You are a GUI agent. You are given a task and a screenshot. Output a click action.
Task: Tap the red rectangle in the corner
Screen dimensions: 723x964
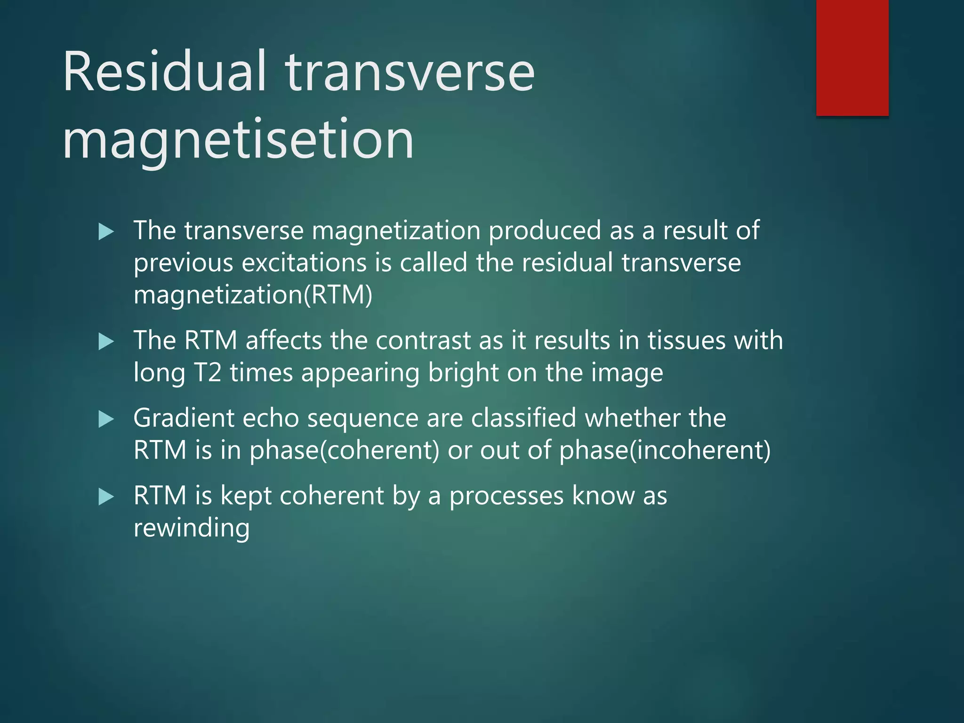pyautogui.click(x=852, y=57)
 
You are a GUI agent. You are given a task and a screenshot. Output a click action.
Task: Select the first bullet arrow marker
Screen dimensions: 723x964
pyautogui.click(x=106, y=232)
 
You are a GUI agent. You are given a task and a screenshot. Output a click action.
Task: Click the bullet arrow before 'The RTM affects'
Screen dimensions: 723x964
pyautogui.click(x=106, y=341)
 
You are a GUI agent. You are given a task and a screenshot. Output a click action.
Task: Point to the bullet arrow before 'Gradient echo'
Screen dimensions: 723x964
pyautogui.click(x=106, y=419)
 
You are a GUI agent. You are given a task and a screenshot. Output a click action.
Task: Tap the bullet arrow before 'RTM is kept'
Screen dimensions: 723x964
pyautogui.click(x=106, y=497)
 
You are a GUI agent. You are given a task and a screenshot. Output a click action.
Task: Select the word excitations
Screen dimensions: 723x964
pyautogui.click(x=304, y=263)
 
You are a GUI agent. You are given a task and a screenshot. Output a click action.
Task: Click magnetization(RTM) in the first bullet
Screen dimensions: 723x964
pyautogui.click(x=253, y=295)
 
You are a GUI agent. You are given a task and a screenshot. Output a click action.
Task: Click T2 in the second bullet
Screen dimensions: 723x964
pyautogui.click(x=207, y=373)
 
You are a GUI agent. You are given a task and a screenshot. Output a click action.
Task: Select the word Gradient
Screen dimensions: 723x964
pyautogui.click(x=184, y=418)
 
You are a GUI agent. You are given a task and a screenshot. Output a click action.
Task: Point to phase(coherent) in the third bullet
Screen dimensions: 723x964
pyautogui.click(x=344, y=450)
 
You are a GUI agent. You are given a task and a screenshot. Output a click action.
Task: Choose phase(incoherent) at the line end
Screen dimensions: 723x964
pyautogui.click(x=665, y=450)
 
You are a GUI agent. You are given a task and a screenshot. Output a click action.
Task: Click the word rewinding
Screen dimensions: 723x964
pyautogui.click(x=191, y=528)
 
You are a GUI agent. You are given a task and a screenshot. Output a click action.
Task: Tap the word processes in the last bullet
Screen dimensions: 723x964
pyautogui.click(x=506, y=497)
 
